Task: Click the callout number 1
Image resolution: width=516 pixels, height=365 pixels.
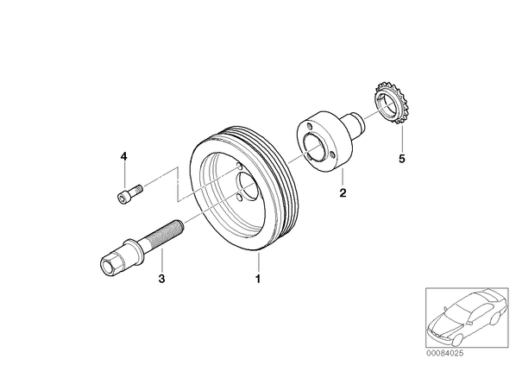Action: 258,279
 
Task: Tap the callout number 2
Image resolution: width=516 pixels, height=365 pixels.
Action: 343,192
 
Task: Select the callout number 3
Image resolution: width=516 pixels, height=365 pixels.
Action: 161,279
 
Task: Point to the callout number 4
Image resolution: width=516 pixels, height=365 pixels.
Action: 123,156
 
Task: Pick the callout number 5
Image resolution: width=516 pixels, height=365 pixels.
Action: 401,159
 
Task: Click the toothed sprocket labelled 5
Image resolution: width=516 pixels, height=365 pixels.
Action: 390,103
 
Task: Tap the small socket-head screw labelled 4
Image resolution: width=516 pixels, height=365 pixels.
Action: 129,193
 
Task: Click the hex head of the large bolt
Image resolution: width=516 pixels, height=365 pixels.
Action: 111,263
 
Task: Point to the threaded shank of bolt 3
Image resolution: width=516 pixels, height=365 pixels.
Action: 161,233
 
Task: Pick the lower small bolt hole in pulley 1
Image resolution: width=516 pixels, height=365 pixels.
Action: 240,198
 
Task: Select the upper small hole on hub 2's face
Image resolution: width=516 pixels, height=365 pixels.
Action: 309,127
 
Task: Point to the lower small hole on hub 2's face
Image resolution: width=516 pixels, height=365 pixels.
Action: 332,154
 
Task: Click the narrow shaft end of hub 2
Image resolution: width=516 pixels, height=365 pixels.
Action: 356,123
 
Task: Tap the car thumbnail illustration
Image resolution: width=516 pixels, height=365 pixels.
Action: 466,318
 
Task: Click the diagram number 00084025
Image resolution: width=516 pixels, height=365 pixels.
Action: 445,354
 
